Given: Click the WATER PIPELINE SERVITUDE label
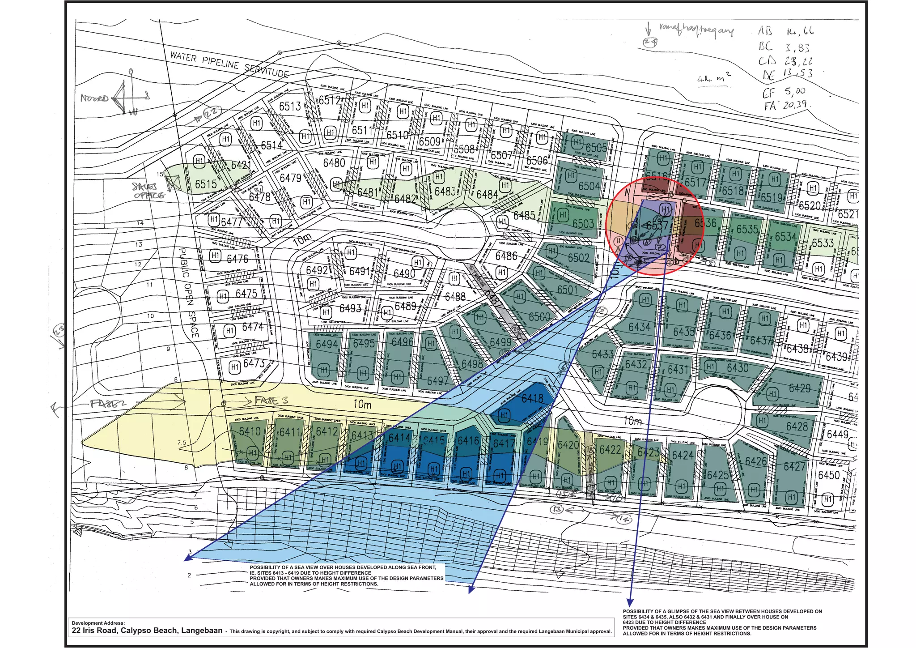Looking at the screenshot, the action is [229, 64].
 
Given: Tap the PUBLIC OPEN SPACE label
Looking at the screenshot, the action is [188, 293].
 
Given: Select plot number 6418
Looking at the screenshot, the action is [532, 398].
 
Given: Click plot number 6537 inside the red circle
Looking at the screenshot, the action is [657, 226].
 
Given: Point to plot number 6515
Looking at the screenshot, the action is [206, 184].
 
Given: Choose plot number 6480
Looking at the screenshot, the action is [334, 162].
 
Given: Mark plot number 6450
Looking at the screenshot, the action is [829, 475].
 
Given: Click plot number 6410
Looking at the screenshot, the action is [250, 431].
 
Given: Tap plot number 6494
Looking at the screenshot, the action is [327, 344].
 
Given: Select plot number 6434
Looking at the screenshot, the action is [639, 327].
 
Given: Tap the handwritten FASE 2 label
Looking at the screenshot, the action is [108, 404].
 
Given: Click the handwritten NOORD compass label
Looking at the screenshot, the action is [94, 98].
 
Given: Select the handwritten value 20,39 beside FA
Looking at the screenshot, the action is [795, 105].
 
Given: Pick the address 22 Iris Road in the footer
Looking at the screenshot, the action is [147, 631].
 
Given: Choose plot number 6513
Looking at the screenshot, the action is [290, 106].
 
